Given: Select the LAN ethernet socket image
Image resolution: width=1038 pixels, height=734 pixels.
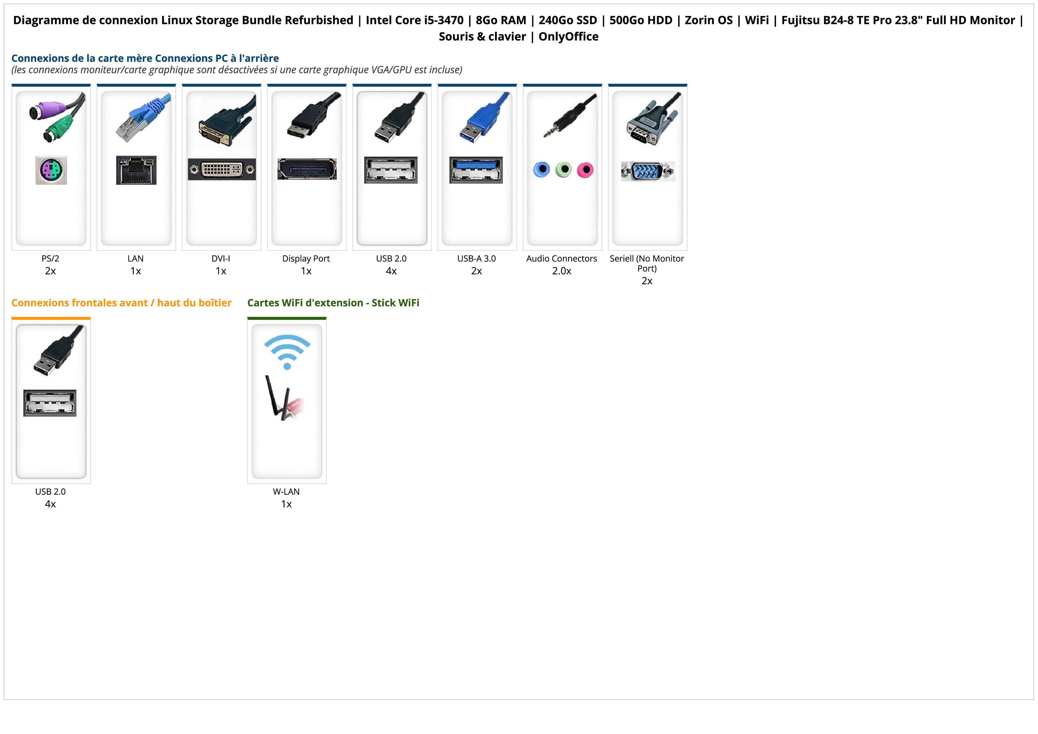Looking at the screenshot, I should pos(136,170).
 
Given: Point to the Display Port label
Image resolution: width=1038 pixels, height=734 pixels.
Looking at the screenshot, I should pos(306,259).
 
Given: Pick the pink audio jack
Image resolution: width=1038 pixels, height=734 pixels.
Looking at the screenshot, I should pos(585,170).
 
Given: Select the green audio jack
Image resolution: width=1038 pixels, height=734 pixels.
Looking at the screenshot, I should pos(563,170).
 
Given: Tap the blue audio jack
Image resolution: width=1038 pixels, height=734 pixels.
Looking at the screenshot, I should pos(541,170).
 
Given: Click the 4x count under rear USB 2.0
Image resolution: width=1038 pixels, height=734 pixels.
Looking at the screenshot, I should pos(391,271).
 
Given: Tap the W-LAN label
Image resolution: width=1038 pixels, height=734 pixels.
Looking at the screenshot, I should pos(286,492).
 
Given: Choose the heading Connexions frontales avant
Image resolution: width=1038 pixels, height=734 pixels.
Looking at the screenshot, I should pos(121,303).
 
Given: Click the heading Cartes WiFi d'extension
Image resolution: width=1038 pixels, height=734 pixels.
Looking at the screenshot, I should pos(333,303).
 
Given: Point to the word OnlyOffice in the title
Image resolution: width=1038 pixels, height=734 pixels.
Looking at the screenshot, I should pos(568,37).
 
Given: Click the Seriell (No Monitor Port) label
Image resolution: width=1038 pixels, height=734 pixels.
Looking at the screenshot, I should pos(647,263).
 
